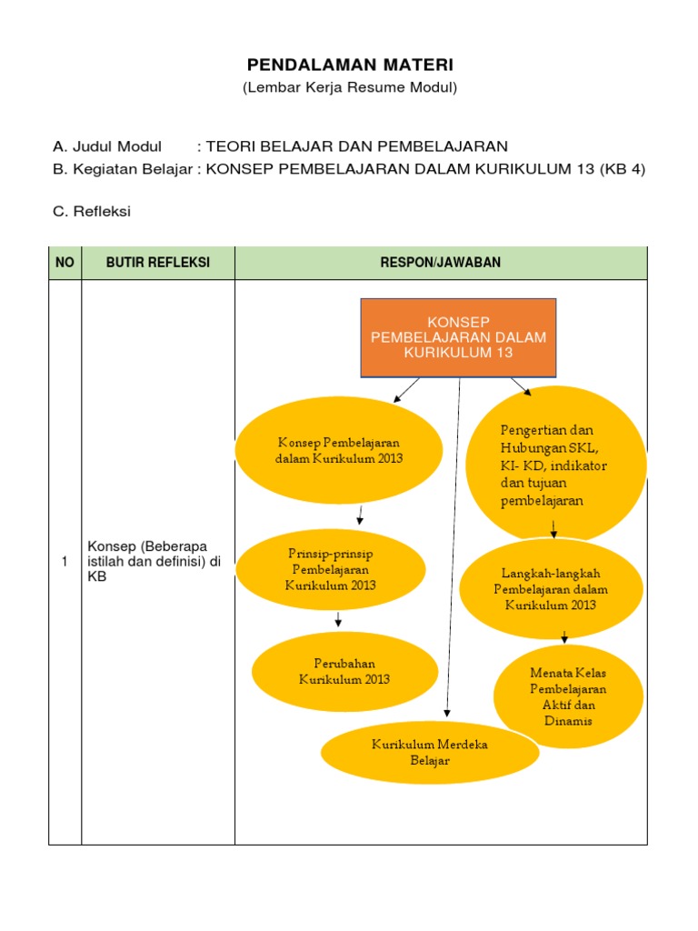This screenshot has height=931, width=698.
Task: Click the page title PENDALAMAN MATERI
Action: [x=350, y=65]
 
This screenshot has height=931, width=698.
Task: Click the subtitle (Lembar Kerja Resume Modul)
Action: [x=350, y=88]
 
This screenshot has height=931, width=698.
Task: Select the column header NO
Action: [x=65, y=263]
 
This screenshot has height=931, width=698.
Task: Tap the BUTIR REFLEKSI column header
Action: [x=158, y=263]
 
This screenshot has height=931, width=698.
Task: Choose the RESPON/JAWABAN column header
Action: [x=441, y=263]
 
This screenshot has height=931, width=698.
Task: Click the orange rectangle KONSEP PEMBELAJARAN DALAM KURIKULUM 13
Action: [x=459, y=337]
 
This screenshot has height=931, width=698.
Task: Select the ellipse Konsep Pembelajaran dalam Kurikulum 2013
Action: [x=339, y=450]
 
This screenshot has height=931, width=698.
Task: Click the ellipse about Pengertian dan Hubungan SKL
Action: [x=554, y=464]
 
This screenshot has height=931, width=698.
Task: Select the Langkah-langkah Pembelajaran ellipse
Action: [x=552, y=589]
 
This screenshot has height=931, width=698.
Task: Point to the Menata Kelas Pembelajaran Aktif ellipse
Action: [x=568, y=696]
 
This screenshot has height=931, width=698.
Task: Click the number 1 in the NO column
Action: [x=65, y=562]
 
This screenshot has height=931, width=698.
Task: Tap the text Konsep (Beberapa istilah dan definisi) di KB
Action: [x=155, y=561]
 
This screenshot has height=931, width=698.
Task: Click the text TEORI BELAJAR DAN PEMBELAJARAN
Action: [x=357, y=146]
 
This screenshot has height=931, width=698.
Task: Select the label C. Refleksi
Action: [x=92, y=212]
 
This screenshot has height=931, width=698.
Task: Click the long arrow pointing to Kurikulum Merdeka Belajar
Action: [x=454, y=546]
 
